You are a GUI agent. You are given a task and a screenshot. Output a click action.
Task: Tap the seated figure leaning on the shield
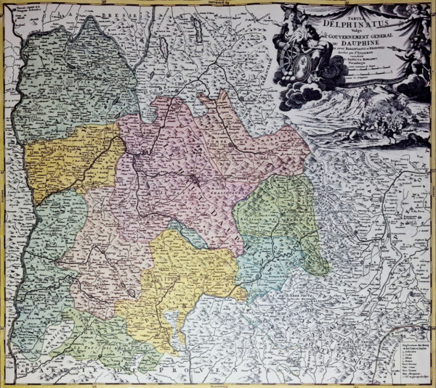coord(305,40)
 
